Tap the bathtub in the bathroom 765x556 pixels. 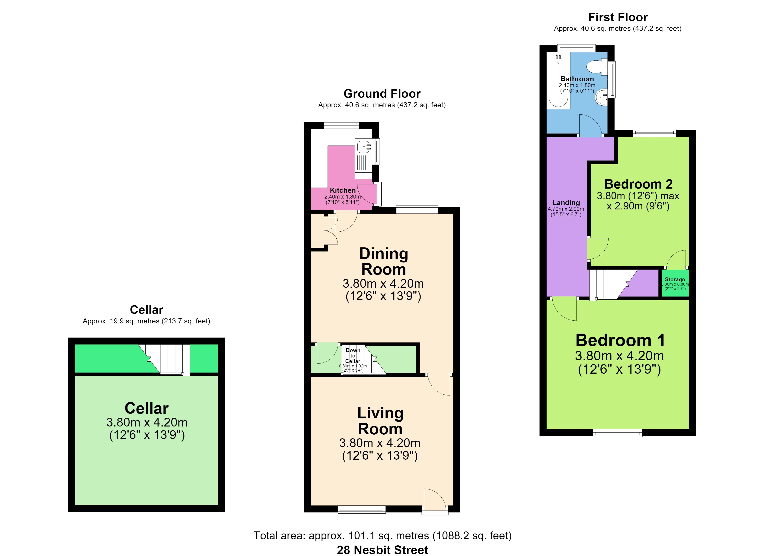pyautogui.click(x=558, y=81)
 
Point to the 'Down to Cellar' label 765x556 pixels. pyautogui.click(x=353, y=355)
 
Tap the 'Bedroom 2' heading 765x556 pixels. pyautogui.click(x=638, y=184)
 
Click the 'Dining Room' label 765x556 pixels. pyautogui.click(x=383, y=261)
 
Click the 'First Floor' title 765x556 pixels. pyautogui.click(x=618, y=17)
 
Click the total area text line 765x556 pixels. pyautogui.click(x=382, y=535)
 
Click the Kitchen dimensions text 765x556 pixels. pyautogui.click(x=342, y=199)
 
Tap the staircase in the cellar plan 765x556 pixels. pyautogui.click(x=164, y=359)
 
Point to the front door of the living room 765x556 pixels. pyautogui.click(x=435, y=502)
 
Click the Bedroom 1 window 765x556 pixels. pyautogui.click(x=618, y=433)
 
